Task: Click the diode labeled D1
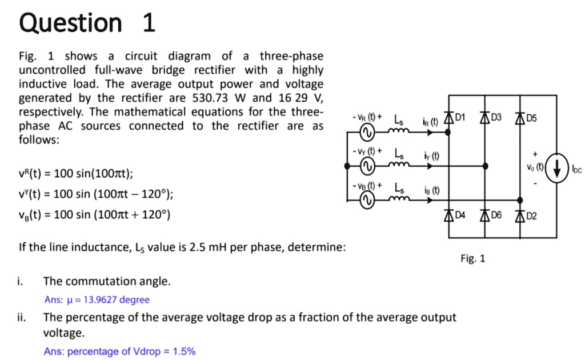pos(447,118)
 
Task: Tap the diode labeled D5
pos(520,118)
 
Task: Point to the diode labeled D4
pos(447,215)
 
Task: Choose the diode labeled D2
pos(520,215)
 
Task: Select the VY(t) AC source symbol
pos(366,166)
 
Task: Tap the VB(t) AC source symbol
pos(366,199)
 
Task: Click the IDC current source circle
pos(557,167)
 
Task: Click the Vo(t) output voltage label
pos(535,168)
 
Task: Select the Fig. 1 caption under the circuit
pos(472,258)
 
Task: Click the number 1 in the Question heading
pos(147,23)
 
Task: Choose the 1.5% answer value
pos(184,351)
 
